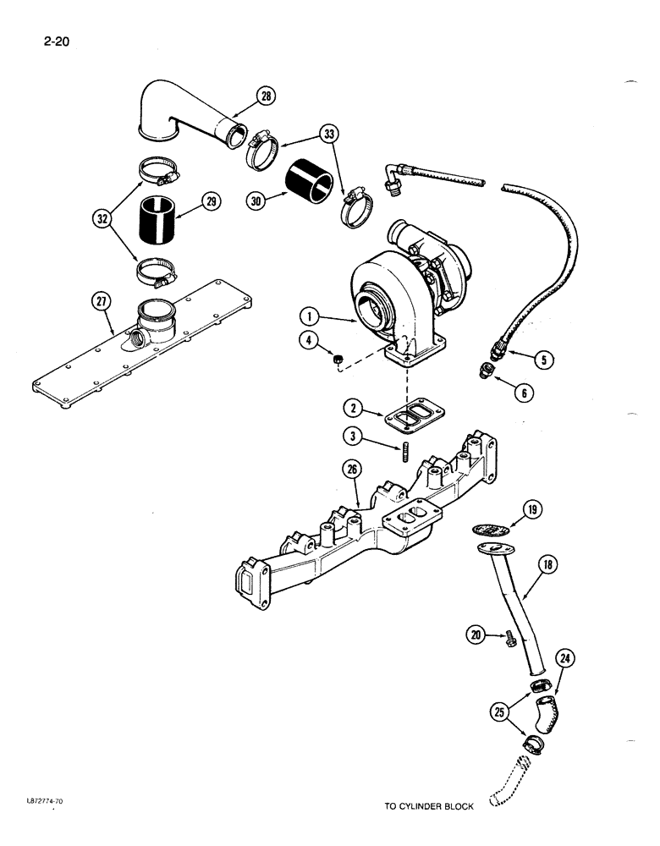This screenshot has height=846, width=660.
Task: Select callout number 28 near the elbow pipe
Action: point(267,98)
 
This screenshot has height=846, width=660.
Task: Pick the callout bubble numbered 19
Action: point(531,510)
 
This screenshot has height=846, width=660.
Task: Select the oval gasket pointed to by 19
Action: point(490,529)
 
